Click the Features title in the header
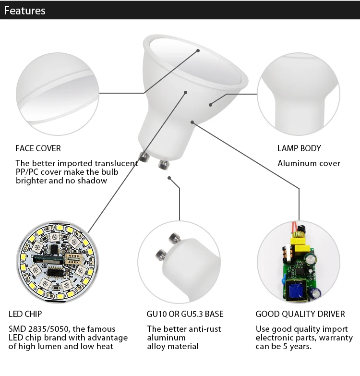(24, 11)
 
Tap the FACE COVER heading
(38, 148)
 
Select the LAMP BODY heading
(299, 148)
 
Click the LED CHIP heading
(25, 314)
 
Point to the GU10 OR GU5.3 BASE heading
(185, 314)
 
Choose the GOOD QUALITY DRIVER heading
(300, 314)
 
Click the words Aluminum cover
(309, 163)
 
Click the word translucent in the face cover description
(115, 163)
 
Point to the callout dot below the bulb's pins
(169, 178)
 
